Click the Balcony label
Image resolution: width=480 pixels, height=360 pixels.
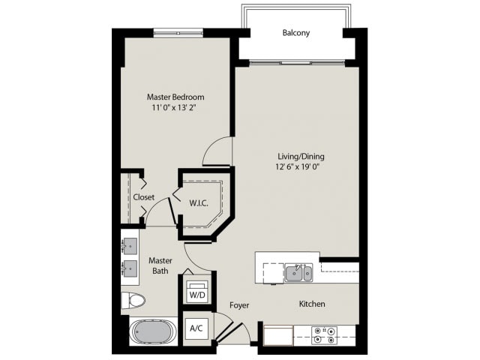(296, 33)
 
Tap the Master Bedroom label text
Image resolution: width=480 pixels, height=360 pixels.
(175, 97)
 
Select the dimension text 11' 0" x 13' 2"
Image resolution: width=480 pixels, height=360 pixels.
(175, 108)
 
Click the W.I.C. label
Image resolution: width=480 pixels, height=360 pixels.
(199, 202)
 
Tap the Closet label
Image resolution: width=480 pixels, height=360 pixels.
(144, 197)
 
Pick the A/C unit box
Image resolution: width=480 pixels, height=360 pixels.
(197, 328)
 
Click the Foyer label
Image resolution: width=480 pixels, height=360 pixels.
(239, 305)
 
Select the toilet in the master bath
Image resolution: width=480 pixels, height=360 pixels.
(134, 301)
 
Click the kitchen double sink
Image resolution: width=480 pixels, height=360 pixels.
(298, 273)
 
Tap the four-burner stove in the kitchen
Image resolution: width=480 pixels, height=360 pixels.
(324, 334)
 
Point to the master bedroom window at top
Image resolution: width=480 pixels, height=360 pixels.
(179, 31)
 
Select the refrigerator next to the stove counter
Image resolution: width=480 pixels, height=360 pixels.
(277, 334)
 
